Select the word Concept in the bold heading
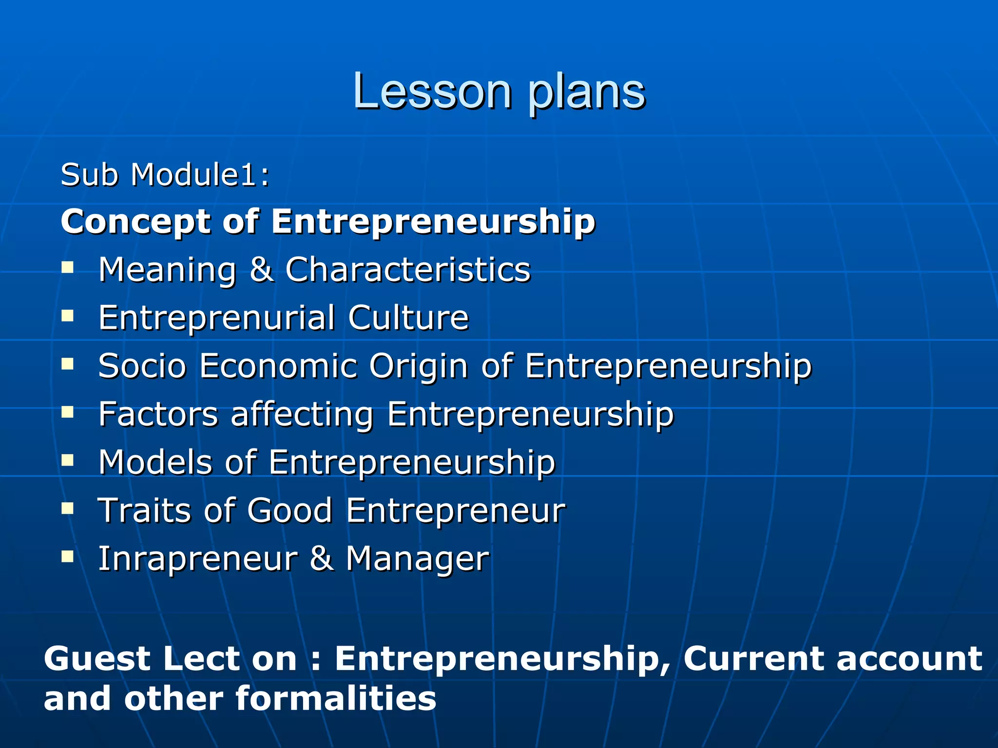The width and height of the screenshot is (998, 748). [136, 222]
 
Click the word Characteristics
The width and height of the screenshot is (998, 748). [407, 269]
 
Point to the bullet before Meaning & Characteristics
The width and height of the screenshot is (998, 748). [68, 267]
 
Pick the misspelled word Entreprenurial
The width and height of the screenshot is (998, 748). [217, 318]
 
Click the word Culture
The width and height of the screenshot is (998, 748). [408, 318]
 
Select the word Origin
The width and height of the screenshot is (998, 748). [418, 366]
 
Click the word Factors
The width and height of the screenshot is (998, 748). [158, 414]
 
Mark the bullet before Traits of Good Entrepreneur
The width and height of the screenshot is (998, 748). [68, 509]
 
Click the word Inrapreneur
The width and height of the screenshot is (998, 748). [197, 559]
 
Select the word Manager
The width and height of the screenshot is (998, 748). [417, 560]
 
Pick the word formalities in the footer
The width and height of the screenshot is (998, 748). [336, 698]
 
